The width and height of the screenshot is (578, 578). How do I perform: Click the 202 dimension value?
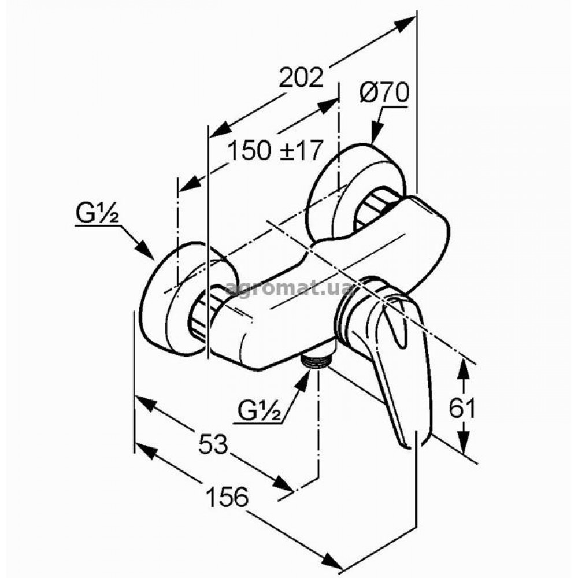[301, 77]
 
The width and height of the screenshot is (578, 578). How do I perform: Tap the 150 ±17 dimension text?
[275, 150]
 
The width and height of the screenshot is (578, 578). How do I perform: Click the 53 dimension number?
[214, 444]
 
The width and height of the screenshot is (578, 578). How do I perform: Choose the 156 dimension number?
[227, 497]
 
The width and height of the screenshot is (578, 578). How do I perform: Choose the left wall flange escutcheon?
[180, 299]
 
